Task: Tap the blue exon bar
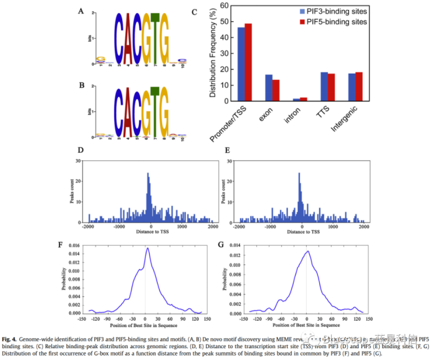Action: [x=269, y=87]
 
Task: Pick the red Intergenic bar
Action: [x=358, y=87]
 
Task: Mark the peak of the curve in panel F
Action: [x=147, y=248]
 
